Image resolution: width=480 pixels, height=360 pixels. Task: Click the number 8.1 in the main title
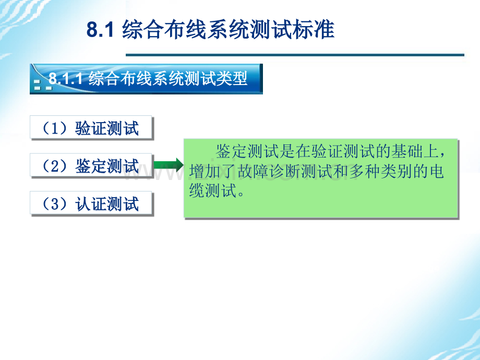pos(100,29)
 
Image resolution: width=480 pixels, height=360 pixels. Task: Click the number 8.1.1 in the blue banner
pos(66,78)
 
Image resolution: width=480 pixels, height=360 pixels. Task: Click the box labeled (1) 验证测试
pos(91,127)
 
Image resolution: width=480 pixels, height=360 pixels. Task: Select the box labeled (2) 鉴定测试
pos(91,165)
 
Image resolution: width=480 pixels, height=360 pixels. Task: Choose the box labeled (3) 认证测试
pos(91,203)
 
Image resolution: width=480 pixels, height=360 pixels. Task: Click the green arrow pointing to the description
pos(169,165)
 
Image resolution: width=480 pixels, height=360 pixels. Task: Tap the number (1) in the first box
pos(54,128)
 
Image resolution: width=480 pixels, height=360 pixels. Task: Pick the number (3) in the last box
pos(54,204)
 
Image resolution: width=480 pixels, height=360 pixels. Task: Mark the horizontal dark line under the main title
pos(295,55)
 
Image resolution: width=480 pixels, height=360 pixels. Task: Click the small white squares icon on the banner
pos(43,86)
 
